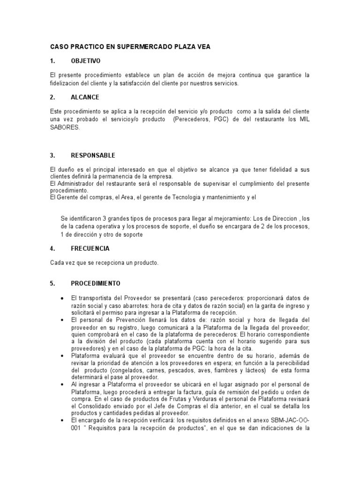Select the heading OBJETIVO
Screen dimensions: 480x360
(85, 61)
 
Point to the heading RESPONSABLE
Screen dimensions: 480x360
(93, 155)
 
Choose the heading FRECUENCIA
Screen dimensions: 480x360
(90, 248)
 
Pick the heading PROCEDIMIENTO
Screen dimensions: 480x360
(96, 284)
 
